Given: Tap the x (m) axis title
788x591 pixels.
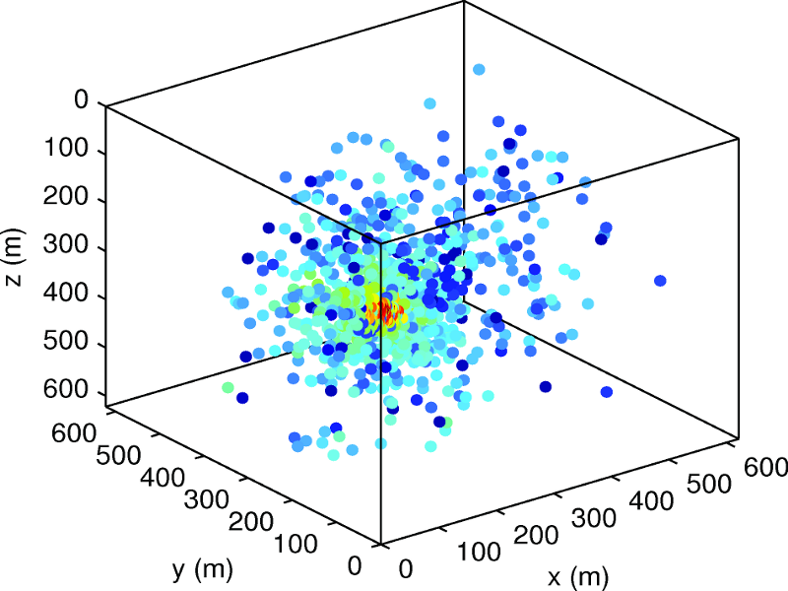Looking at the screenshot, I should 576,574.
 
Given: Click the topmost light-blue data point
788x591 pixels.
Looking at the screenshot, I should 479,70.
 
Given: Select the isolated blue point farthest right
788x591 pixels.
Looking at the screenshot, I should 659,281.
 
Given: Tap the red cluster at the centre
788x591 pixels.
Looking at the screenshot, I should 384,314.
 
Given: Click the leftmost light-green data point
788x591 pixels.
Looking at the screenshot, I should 228,388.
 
